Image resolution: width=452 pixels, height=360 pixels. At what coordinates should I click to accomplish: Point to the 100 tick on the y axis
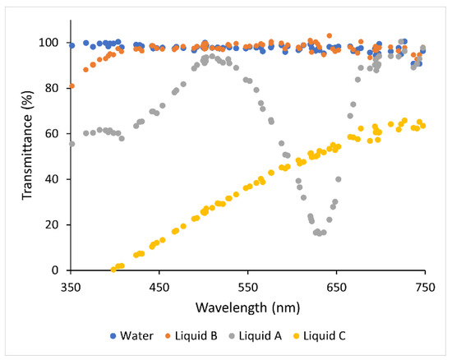(51, 43)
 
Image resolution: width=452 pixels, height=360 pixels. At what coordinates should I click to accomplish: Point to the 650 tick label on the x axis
(336, 287)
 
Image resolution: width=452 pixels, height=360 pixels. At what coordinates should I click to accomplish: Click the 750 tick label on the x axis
(425, 287)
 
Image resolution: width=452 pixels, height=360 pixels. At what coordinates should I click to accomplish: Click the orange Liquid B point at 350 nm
(71, 86)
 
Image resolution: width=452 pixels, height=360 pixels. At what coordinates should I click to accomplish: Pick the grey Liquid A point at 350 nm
(71, 144)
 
